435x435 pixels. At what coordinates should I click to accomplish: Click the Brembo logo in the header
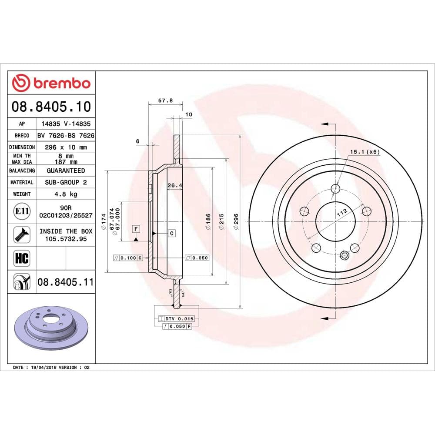tap(51, 83)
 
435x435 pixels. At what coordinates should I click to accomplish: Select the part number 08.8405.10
tap(51, 106)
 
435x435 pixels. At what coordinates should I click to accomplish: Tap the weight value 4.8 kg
tap(65, 194)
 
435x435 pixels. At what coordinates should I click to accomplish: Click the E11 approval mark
tap(22, 212)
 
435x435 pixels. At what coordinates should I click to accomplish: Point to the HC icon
tap(22, 258)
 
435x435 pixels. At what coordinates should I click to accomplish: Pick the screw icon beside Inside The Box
tap(22, 235)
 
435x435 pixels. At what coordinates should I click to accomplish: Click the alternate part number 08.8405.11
tap(65, 282)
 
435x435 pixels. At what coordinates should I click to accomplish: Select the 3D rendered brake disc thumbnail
tap(51, 326)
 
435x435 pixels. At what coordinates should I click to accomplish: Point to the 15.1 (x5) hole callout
tap(365, 152)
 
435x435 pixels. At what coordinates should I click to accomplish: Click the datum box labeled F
tap(136, 229)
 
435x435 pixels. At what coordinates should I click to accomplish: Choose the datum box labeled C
tap(172, 234)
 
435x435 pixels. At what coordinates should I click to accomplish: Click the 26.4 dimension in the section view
tap(174, 186)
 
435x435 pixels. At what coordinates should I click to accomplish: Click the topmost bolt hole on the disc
tap(335, 189)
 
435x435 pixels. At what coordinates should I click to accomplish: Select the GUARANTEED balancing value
tap(65, 171)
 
